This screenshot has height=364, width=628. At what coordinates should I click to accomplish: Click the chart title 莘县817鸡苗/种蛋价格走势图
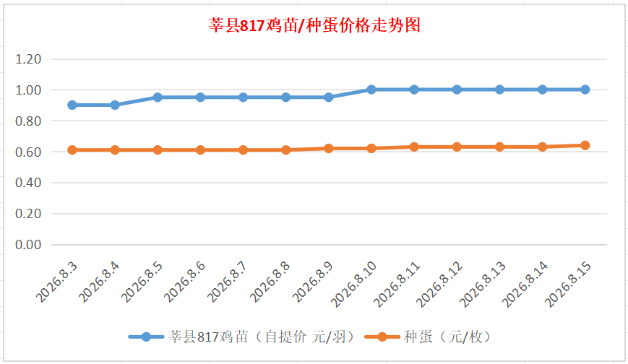coord(314,25)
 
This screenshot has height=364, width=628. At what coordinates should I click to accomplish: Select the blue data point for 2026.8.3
coord(72,105)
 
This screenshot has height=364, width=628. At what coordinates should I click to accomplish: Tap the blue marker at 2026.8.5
coord(158,97)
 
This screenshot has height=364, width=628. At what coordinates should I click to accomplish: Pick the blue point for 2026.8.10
coord(371,90)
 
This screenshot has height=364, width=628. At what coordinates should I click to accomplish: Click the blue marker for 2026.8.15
coord(585,90)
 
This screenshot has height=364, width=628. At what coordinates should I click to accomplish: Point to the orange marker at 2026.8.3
coord(72,149)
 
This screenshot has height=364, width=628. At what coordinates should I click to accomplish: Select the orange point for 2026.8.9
coord(328,148)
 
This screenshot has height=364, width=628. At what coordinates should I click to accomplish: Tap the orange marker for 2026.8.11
coord(414,147)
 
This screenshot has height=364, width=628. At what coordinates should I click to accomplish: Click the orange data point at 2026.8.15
coord(585,145)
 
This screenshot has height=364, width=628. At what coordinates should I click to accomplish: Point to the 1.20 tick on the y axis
coord(28,59)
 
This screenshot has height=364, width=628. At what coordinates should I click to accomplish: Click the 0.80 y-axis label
coord(28,121)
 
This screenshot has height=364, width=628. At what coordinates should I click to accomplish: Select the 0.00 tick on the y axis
coord(28,245)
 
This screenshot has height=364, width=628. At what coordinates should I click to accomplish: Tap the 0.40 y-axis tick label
coord(28,183)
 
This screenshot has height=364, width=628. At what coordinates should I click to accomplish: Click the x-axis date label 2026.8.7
coord(227,282)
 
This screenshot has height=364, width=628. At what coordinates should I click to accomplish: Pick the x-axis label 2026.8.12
coord(439,284)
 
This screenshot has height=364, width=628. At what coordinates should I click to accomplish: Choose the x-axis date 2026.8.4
coord(98,282)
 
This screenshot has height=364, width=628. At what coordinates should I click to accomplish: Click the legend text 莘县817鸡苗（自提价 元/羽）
coord(262,337)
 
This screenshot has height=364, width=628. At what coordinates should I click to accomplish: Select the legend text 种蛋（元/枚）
coord(447,337)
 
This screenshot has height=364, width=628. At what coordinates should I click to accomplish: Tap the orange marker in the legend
coord(382,337)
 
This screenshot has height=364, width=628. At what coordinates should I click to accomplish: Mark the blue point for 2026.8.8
coord(285,97)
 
